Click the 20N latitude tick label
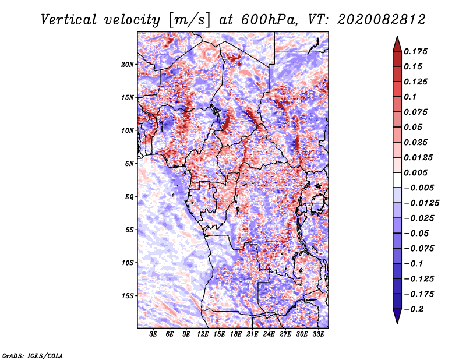[x=128, y=64]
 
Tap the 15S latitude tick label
[x=128, y=295]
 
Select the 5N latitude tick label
[x=129, y=163]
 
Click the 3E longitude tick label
[x=154, y=334]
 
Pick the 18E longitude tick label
[x=236, y=334]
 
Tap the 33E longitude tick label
[x=318, y=334]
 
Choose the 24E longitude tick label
[x=269, y=334]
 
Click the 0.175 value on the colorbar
[x=417, y=51]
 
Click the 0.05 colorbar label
[x=415, y=127]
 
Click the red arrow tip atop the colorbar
[x=397, y=42]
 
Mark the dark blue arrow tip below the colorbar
[x=397, y=317]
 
